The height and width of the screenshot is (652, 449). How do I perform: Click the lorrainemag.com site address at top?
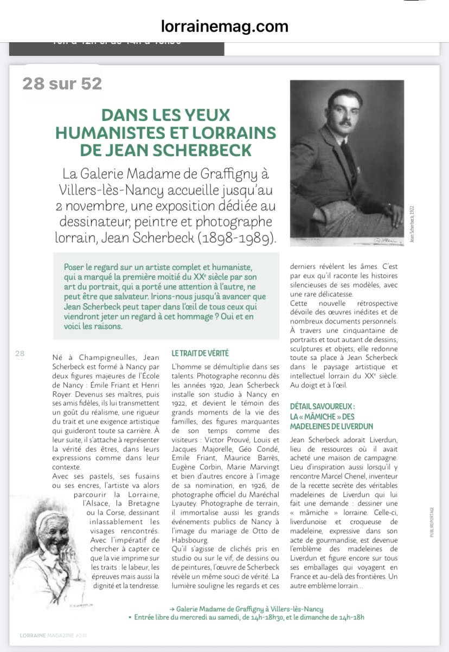coord(224,26)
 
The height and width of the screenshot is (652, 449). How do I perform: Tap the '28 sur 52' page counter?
coord(62,83)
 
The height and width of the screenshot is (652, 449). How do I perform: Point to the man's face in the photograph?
coord(338,111)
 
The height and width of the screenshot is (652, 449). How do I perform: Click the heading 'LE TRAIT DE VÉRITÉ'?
coord(200,353)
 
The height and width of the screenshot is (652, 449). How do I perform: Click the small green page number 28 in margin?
coord(20,354)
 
